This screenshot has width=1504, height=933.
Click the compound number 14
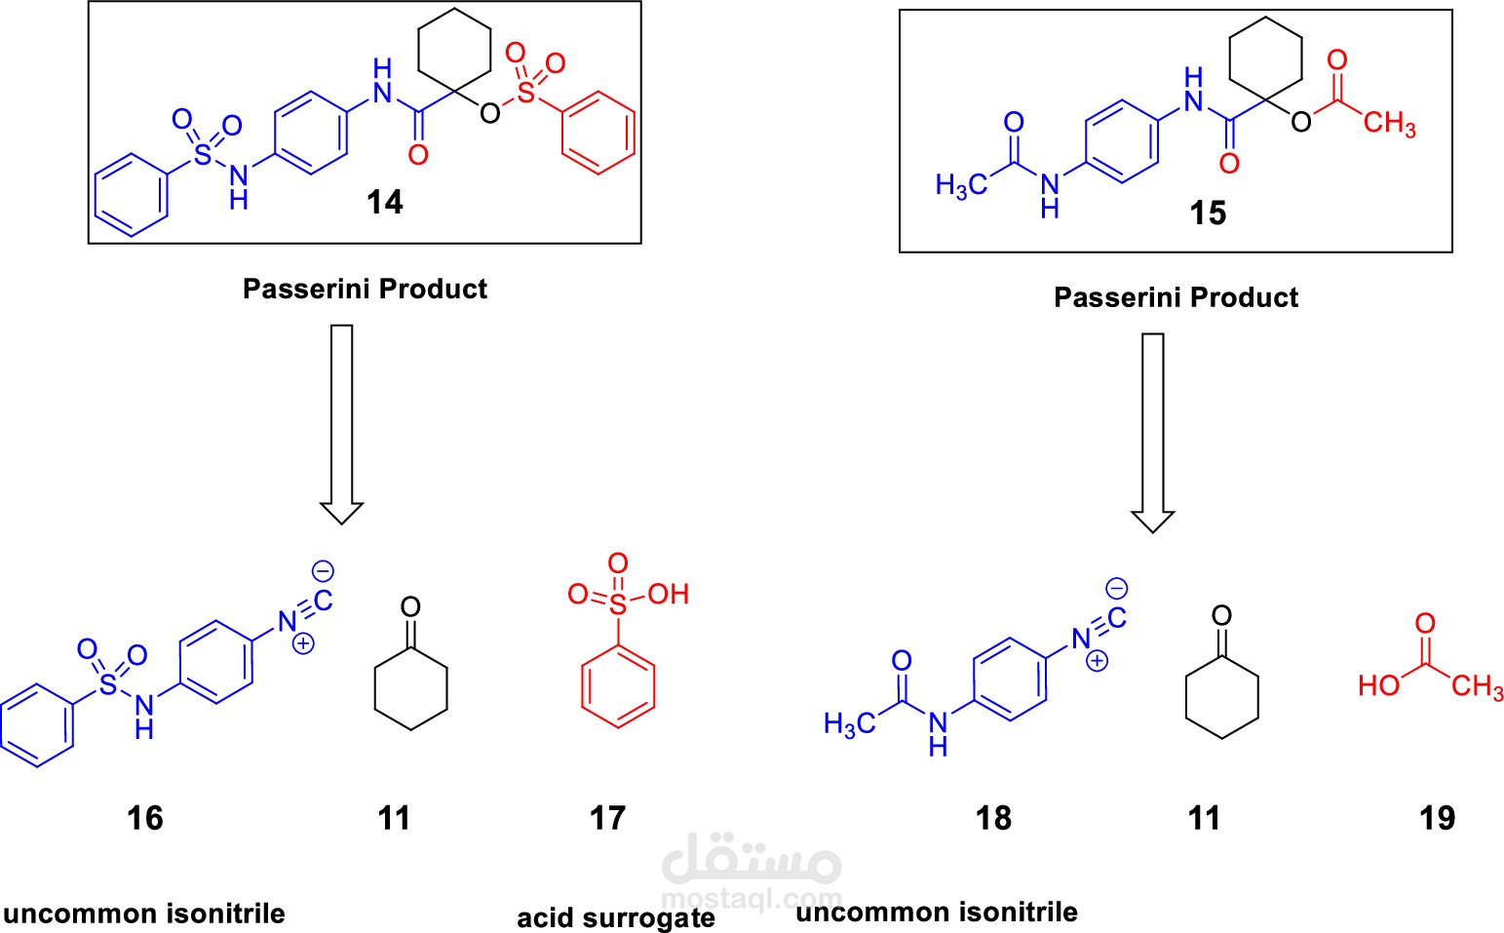coord(385,202)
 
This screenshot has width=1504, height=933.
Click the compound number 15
coord(1208,213)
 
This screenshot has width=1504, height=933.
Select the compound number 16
coord(145,818)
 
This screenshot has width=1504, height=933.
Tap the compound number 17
coord(607,818)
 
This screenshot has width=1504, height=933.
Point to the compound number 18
coord(993,818)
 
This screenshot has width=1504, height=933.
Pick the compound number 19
coord(1438,818)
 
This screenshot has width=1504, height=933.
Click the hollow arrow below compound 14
coord(342,424)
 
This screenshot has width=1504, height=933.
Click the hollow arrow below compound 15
coord(1153,433)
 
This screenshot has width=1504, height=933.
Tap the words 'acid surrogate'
coord(616,917)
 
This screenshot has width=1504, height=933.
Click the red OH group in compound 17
coord(668,594)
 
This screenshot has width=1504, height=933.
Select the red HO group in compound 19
coord(1379,685)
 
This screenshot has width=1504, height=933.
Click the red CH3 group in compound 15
coord(1389,124)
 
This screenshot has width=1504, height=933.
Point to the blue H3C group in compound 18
coord(849,724)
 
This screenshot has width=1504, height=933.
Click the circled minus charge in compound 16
coord(323,571)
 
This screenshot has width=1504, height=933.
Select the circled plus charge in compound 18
coord(1098,661)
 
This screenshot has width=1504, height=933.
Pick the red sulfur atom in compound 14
coord(527,93)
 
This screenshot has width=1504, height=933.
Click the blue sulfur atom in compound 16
coord(107,684)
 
